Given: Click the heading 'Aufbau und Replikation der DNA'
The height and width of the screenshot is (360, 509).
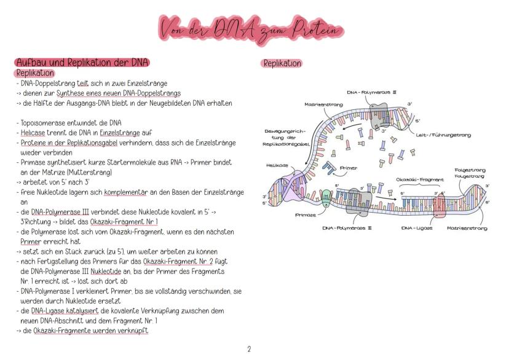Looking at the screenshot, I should pos(82,63).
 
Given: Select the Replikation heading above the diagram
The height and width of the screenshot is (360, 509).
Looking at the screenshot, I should pos(282,63).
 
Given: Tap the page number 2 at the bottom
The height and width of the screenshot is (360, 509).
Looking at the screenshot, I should pos(249,349).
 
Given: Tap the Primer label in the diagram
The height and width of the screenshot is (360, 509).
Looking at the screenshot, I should pos(347,168).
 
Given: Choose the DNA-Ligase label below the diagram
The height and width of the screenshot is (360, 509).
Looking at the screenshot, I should pos(417,228).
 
